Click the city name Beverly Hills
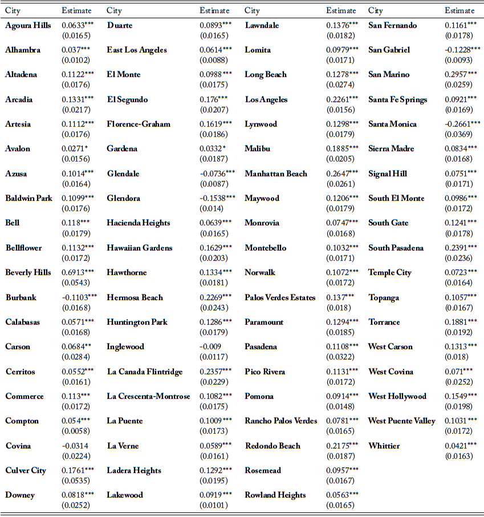click(28, 273)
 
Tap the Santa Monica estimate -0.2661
click(462, 124)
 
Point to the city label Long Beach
click(266, 75)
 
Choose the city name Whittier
click(384, 446)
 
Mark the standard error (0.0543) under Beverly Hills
click(75, 282)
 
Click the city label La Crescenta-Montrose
click(148, 397)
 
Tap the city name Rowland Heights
click(275, 495)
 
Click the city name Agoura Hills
click(29, 26)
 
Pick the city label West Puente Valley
click(402, 421)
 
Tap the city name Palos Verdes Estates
click(280, 297)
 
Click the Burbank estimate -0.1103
click(79, 297)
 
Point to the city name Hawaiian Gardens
click(139, 248)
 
